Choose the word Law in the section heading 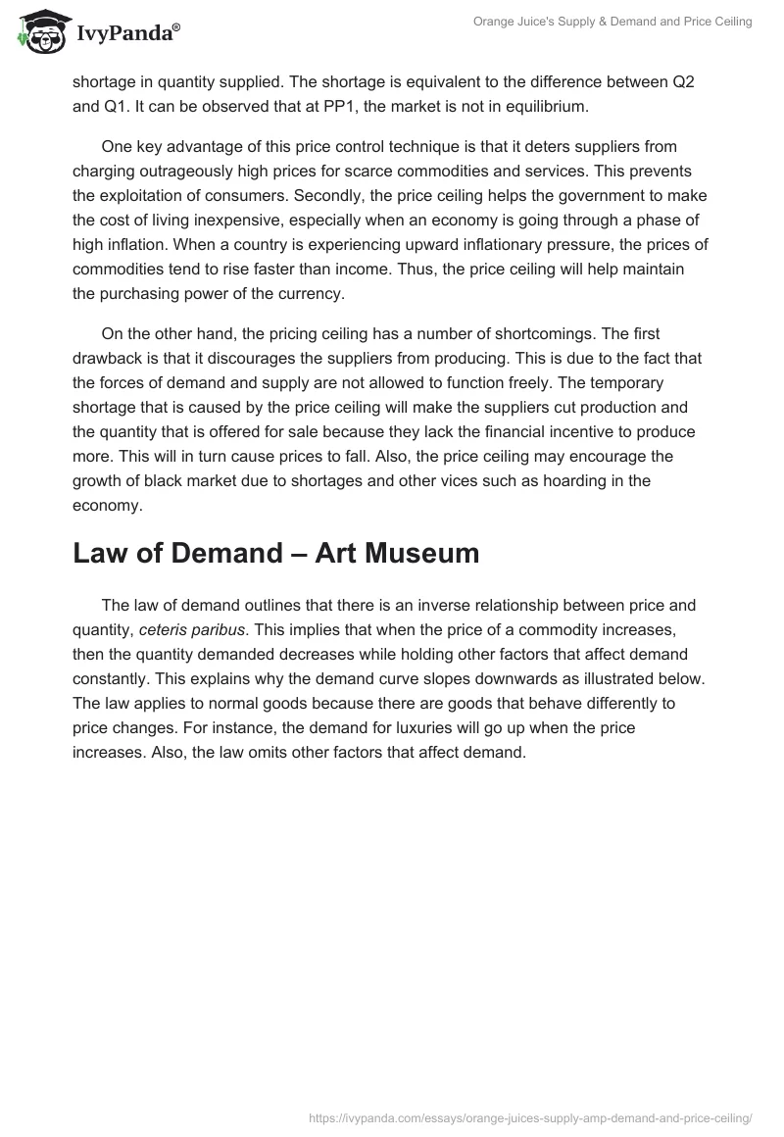tap(103, 554)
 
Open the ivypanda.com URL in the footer tap(529, 1116)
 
